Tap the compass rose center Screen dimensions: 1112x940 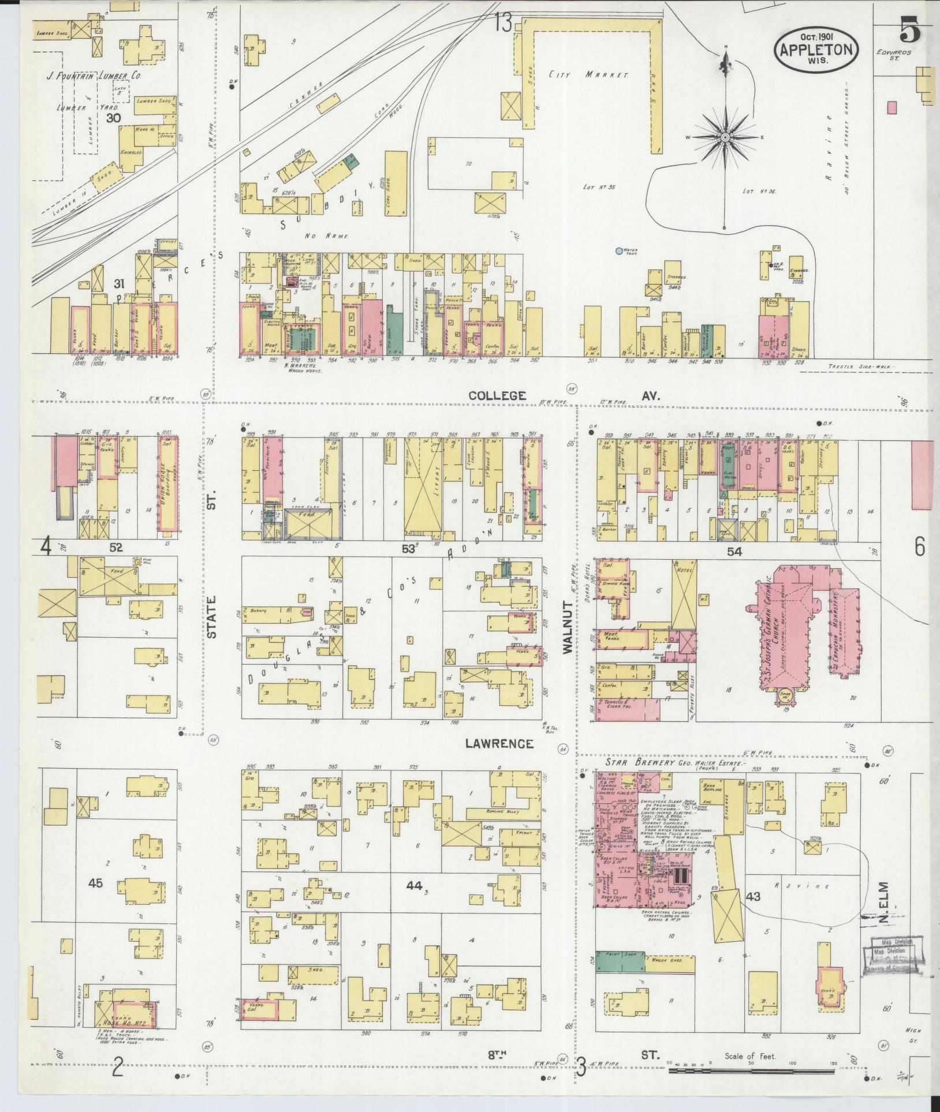725,137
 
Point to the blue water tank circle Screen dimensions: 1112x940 619,251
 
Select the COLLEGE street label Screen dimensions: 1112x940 497,396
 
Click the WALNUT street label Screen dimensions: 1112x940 568,627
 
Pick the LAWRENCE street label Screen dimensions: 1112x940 499,744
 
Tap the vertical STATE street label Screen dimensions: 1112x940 211,617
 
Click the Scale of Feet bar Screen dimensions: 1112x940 751,1071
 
